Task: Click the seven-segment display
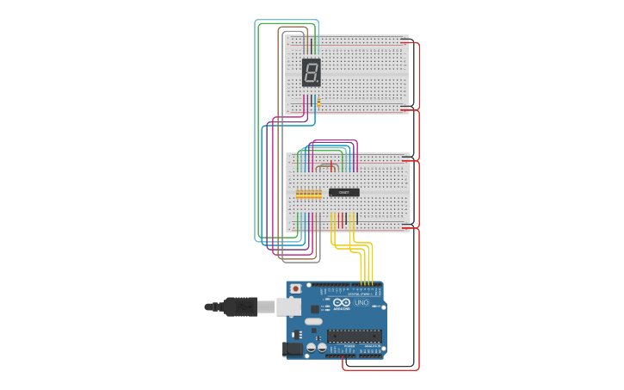coord(311,72)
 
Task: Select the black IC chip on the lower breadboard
coord(344,192)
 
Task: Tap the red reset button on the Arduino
coord(296,289)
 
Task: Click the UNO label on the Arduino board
coord(361,302)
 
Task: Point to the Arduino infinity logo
coord(343,302)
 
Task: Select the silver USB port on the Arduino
coord(288,306)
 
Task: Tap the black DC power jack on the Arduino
coord(293,349)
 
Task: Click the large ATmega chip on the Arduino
coord(354,336)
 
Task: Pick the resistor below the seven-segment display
coord(318,103)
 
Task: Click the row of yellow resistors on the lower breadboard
coord(308,195)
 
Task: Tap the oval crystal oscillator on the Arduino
coord(313,321)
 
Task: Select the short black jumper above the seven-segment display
coord(311,45)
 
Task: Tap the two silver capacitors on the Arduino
coord(316,348)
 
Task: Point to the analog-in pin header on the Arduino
coord(371,352)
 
